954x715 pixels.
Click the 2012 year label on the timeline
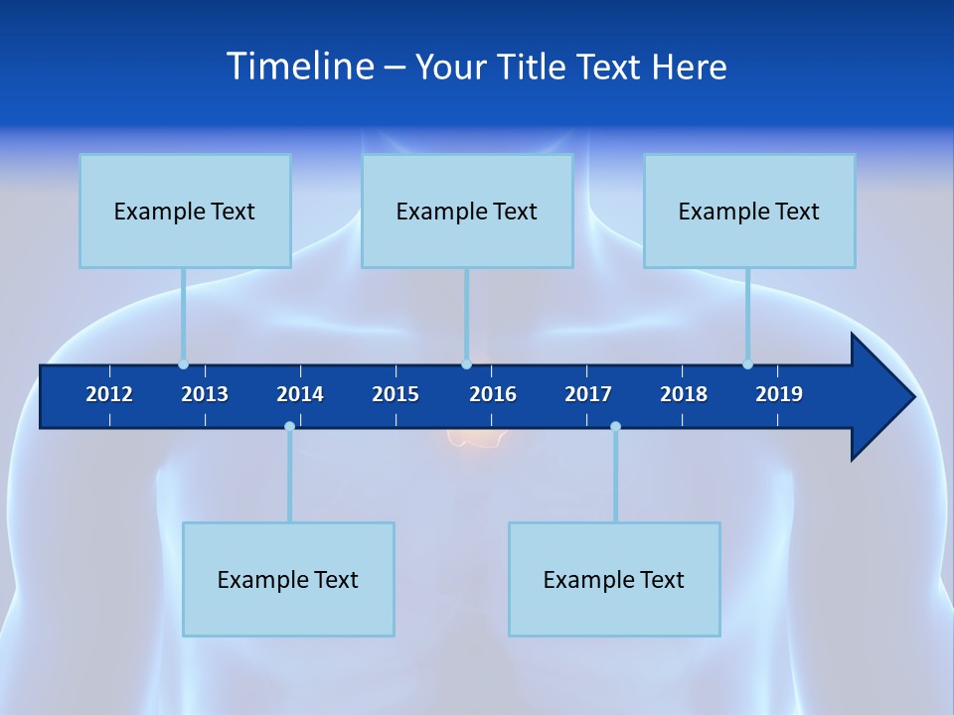pyautogui.click(x=109, y=394)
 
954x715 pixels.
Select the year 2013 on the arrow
pyautogui.click(x=205, y=394)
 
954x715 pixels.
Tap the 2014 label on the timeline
pyautogui.click(x=300, y=394)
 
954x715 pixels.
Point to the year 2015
pyautogui.click(x=396, y=394)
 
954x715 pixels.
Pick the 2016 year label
pyautogui.click(x=493, y=394)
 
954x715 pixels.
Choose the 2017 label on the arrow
pyautogui.click(x=588, y=394)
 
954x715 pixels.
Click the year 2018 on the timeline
pyautogui.click(x=684, y=394)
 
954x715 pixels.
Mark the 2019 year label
pyautogui.click(x=779, y=394)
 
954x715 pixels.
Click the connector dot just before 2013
pyautogui.click(x=183, y=364)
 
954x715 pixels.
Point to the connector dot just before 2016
pyautogui.click(x=466, y=364)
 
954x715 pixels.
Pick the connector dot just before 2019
pyautogui.click(x=747, y=364)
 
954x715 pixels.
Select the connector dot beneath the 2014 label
pyautogui.click(x=289, y=427)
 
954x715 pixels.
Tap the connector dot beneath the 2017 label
pyautogui.click(x=615, y=427)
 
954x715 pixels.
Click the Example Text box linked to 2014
pyautogui.click(x=288, y=579)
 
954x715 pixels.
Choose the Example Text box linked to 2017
pyautogui.click(x=614, y=579)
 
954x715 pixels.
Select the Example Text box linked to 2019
pyautogui.click(x=749, y=211)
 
